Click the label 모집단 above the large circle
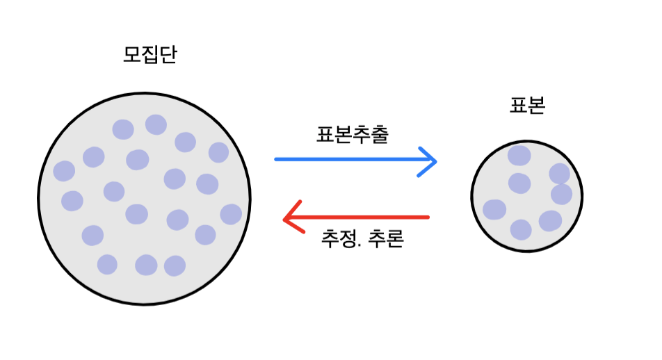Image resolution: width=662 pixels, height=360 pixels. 150,55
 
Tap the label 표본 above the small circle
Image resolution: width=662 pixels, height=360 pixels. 527,106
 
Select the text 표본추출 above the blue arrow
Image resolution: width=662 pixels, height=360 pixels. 352,134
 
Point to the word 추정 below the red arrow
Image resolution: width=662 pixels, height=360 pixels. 339,240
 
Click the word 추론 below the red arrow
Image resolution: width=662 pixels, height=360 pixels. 388,240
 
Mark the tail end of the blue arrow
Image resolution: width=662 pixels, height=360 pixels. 277,160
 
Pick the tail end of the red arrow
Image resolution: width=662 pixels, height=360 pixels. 428,218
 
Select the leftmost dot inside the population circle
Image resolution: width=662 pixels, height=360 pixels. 64,171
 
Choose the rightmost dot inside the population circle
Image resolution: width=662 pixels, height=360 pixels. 231,214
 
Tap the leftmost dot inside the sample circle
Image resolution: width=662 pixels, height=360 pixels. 494,209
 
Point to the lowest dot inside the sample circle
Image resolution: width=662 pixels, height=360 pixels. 521,229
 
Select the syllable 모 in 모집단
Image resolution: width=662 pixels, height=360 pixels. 132,55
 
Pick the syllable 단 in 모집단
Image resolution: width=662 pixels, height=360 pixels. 168,55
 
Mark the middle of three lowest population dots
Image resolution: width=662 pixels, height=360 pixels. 146,265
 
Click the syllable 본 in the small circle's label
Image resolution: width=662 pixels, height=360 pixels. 536,106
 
